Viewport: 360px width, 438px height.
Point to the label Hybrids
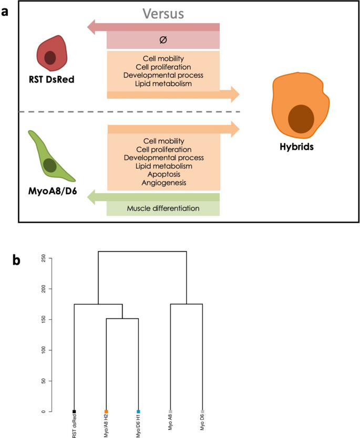tap(297, 147)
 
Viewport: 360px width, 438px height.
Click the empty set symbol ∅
tap(163, 40)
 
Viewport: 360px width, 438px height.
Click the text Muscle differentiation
tap(163, 208)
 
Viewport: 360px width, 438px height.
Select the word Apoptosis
tap(163, 174)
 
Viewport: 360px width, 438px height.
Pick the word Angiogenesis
tap(163, 183)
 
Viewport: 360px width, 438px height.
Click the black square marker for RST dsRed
tap(74, 411)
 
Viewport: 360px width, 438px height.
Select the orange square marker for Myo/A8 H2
tap(106, 411)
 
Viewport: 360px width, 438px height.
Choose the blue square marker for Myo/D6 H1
tap(138, 411)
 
